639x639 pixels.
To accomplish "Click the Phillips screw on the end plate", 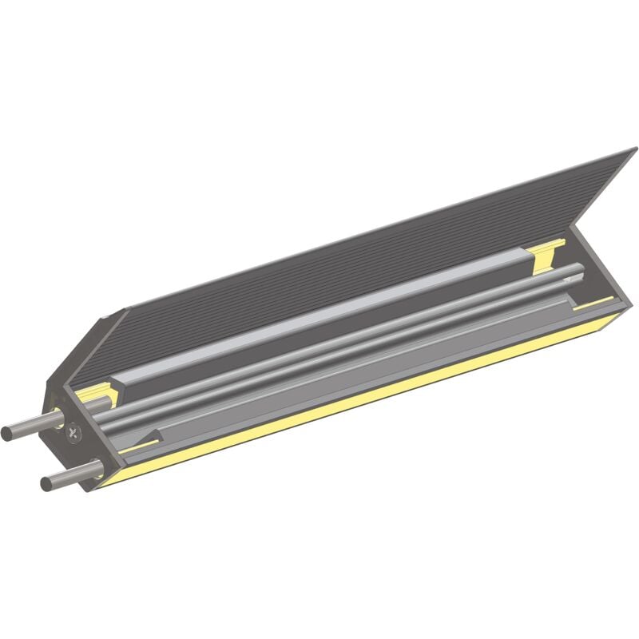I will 74,434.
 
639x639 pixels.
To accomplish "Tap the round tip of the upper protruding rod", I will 7,434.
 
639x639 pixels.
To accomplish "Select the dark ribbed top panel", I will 359,264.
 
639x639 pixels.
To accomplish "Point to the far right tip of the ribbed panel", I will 634,150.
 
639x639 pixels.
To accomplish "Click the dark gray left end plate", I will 80,375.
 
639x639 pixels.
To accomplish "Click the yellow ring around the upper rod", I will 58,417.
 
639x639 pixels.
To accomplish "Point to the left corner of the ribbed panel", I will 123,312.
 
